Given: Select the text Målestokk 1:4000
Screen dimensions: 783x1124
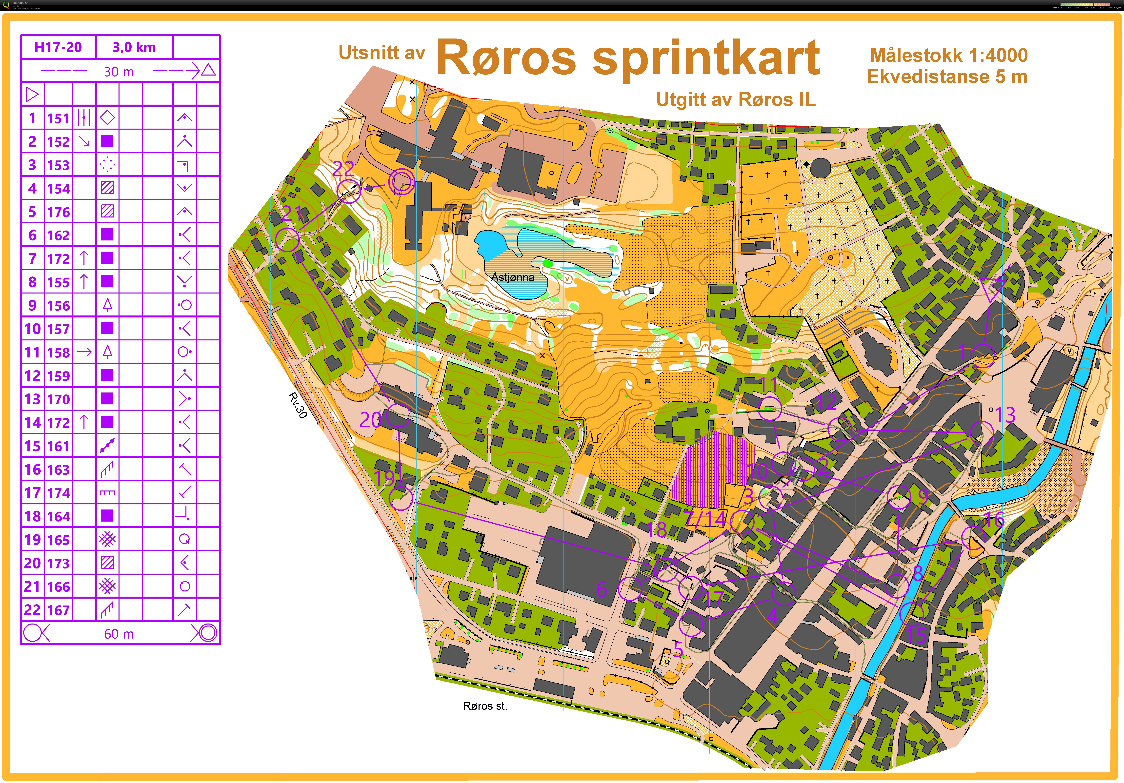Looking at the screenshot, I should point(948,55).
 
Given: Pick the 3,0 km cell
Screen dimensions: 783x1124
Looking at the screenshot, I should point(134,47).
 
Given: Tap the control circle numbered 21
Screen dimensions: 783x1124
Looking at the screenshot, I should point(287,240).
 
